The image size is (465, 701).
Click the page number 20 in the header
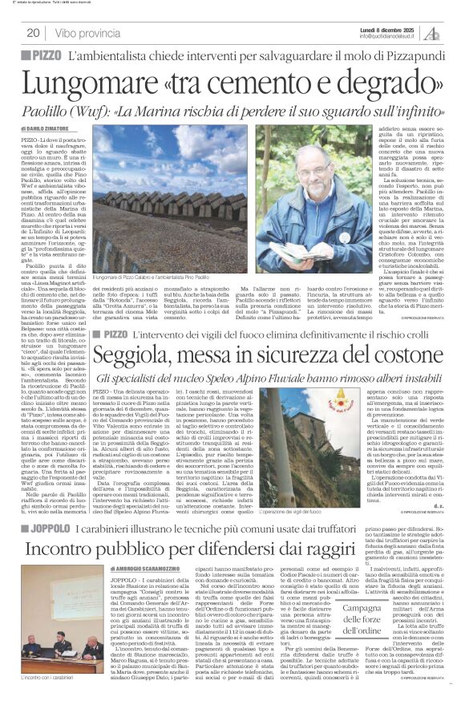[x=33, y=33]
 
